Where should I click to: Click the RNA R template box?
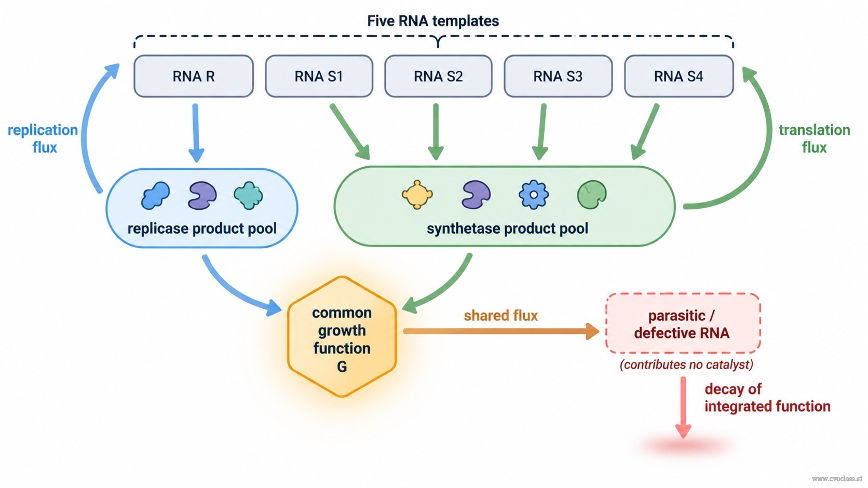tap(194, 76)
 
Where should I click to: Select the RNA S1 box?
tap(319, 76)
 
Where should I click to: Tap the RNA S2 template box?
tap(438, 76)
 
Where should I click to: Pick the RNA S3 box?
tap(558, 76)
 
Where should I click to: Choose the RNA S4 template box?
tap(679, 76)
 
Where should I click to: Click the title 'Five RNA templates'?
tap(433, 21)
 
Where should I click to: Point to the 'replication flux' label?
tap(43, 139)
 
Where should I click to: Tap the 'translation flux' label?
tap(814, 139)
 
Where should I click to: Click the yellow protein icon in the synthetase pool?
tap(417, 195)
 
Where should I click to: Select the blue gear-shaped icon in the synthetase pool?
tap(534, 195)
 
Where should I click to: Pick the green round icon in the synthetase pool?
tap(592, 195)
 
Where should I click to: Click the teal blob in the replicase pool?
tap(248, 195)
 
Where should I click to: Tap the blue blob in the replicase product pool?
tap(155, 196)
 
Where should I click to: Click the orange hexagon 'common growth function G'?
tap(342, 336)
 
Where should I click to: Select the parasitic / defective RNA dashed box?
tap(683, 323)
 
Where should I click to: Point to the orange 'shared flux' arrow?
tap(501, 331)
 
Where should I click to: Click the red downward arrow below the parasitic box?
tap(683, 408)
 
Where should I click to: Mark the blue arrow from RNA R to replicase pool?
tap(196, 133)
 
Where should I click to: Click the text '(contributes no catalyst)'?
tap(686, 365)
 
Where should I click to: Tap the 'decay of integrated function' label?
tap(767, 398)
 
